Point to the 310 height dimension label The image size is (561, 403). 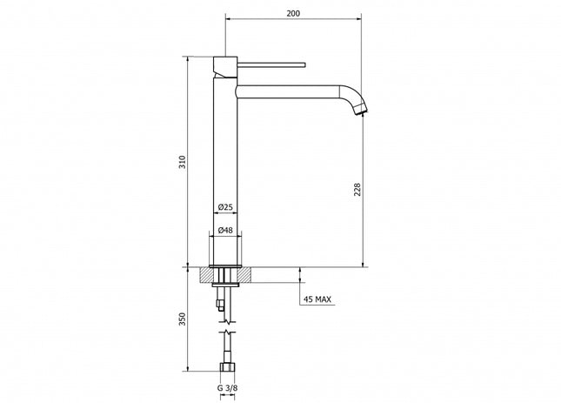click(180, 161)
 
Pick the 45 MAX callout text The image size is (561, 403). click(317, 300)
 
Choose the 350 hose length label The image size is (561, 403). click(180, 320)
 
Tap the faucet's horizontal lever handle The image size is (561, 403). click(270, 64)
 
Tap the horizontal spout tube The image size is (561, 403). click(287, 91)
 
